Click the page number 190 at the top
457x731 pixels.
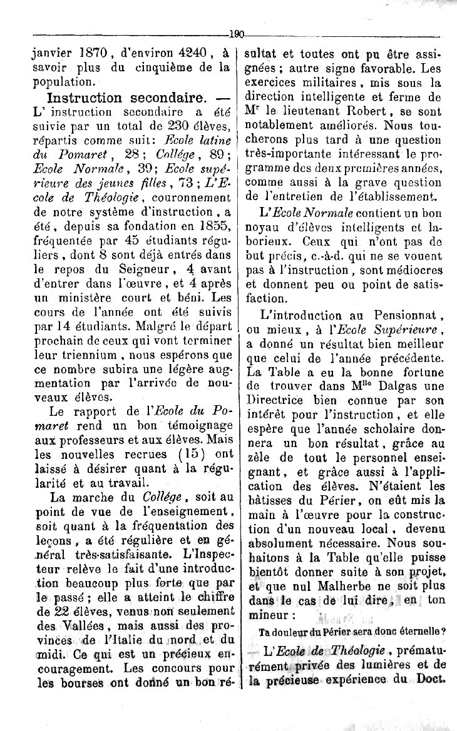tap(237, 36)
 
